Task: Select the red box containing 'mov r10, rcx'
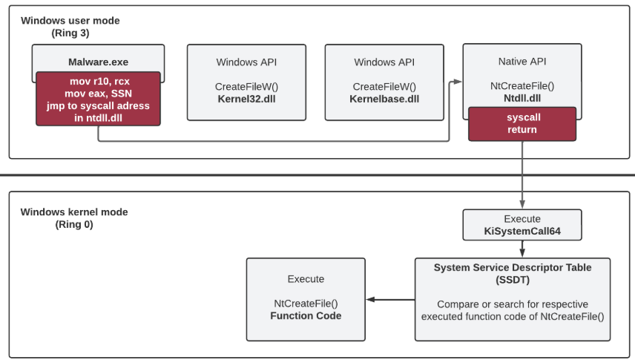98,99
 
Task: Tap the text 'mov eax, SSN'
98,94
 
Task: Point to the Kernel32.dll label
245,99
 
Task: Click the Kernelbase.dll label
384,99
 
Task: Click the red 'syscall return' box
522,123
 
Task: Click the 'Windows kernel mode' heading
74,212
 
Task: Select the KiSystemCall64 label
522,232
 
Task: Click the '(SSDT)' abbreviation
513,279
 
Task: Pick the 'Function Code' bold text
306,315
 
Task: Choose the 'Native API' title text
522,62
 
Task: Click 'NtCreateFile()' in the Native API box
522,86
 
